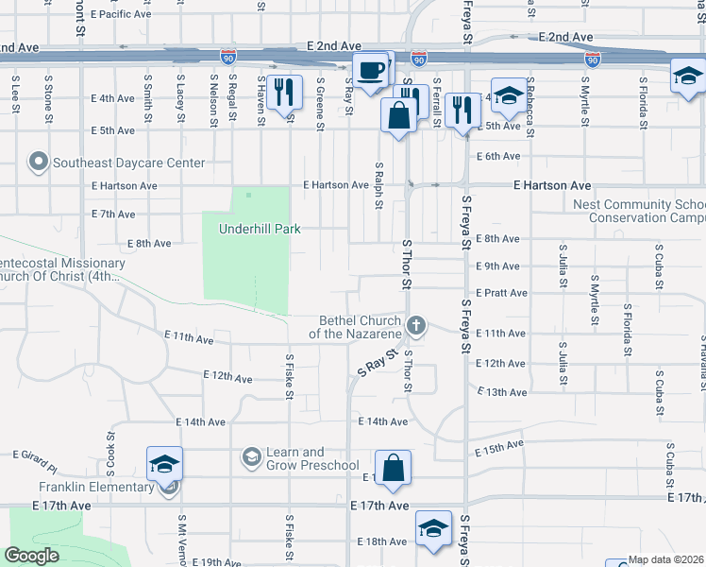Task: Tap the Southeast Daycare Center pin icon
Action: tap(39, 163)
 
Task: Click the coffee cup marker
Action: tap(370, 69)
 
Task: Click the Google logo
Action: tap(31, 555)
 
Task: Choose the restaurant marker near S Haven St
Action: tap(283, 92)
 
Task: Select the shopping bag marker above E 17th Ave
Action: tap(393, 467)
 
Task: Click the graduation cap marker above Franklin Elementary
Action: tap(163, 464)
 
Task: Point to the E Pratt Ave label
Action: tap(501, 294)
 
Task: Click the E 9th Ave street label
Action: tap(498, 266)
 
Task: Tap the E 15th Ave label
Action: tap(500, 447)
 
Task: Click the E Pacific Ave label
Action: tap(124, 15)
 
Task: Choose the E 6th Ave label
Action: tap(498, 156)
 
